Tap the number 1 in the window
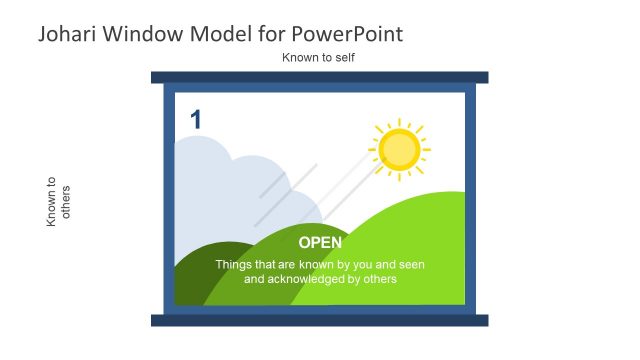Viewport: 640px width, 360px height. tap(196, 120)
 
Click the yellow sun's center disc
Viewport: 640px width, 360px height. tap(400, 149)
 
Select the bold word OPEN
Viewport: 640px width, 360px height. tap(320, 243)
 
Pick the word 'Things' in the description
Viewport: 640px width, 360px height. tap(233, 265)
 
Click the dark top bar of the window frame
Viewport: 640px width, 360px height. tap(320, 77)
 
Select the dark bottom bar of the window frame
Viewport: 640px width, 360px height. tap(320, 320)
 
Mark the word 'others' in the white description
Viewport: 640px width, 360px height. tap(379, 280)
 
